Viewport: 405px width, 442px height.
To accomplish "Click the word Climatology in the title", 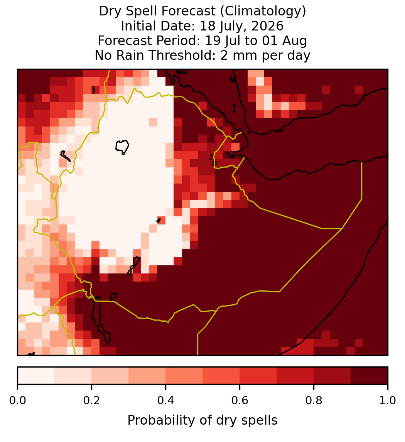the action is (x=262, y=12).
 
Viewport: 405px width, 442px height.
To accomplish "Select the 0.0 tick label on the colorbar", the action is (x=17, y=401).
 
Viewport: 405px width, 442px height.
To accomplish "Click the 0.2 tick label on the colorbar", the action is (x=91, y=401).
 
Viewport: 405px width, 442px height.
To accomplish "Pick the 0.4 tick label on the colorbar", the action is (x=166, y=401).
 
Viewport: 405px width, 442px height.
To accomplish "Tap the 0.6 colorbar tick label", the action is (x=240, y=401).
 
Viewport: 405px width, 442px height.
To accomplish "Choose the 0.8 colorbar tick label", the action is (x=314, y=401).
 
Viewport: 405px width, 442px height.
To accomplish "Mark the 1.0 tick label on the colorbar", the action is (x=388, y=401).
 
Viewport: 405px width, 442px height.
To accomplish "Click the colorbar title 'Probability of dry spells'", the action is (x=202, y=420).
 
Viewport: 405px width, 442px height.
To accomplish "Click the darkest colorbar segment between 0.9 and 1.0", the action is (x=370, y=376).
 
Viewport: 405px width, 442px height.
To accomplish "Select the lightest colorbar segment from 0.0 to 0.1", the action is (x=36, y=376).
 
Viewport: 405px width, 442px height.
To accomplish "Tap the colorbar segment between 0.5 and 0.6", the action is (x=221, y=376).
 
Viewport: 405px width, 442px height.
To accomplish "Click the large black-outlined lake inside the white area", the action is (x=122, y=147).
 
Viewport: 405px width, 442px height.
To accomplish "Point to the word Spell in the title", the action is (x=142, y=12).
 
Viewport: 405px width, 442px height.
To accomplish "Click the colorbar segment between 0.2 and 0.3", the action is (x=110, y=376).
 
